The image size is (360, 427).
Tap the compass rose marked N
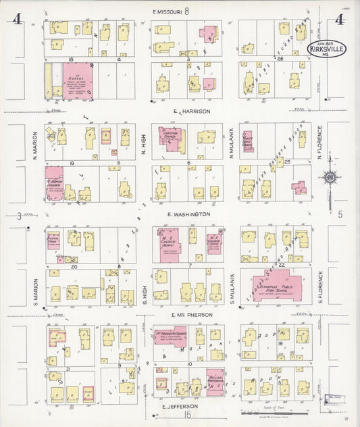click(330, 178)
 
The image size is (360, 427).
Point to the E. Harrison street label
click(192, 111)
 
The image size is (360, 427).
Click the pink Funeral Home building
click(53, 241)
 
